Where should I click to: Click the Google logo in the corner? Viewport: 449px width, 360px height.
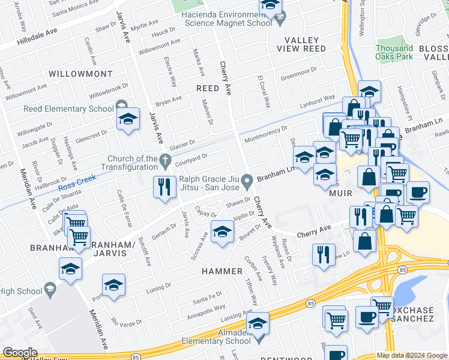coord(20,353)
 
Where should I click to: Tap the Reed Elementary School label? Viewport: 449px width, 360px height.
coord(68,109)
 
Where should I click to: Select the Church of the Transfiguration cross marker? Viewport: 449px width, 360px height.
coord(166,160)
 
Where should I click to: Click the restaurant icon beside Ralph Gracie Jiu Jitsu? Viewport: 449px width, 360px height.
coord(164,187)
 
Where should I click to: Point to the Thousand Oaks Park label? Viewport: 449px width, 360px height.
coord(394,52)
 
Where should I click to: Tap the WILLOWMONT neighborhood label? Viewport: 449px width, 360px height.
coord(80,74)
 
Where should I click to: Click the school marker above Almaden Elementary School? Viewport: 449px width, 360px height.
coord(258,324)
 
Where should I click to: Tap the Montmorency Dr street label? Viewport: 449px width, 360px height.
coord(265,133)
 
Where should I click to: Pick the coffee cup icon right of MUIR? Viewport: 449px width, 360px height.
coord(418,193)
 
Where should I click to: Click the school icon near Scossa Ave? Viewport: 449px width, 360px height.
coord(221,232)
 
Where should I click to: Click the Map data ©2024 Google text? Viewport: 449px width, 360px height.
coord(412,355)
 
